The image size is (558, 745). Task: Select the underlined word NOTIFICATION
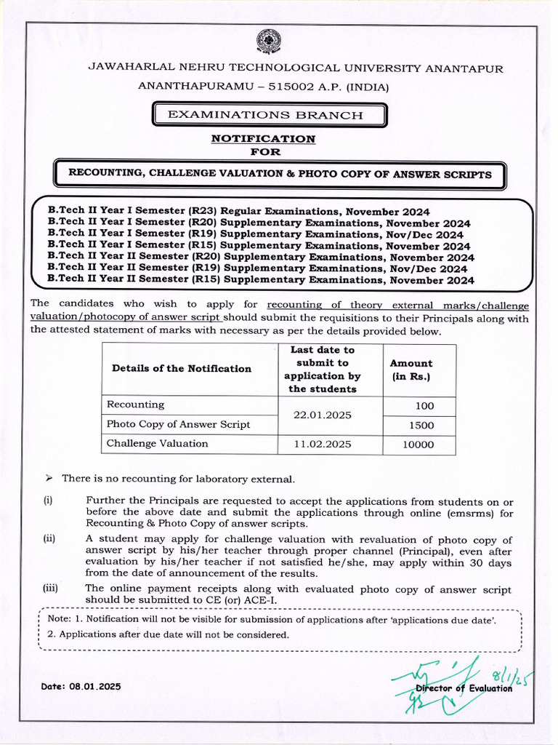(x=263, y=138)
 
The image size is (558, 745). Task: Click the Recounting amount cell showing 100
(x=424, y=406)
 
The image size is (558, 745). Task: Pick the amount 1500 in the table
(x=421, y=425)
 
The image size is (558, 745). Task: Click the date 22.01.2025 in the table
(x=322, y=415)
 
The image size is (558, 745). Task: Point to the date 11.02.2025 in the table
(x=322, y=444)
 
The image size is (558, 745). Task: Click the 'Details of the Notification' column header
(x=181, y=369)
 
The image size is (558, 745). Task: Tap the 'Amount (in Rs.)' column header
(x=411, y=370)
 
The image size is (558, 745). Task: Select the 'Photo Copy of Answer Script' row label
(x=178, y=424)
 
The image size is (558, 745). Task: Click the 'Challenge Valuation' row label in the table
(x=157, y=444)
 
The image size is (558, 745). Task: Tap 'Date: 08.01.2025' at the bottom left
(x=81, y=686)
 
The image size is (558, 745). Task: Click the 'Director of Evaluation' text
(x=464, y=688)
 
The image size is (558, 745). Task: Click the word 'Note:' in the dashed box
(x=60, y=619)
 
